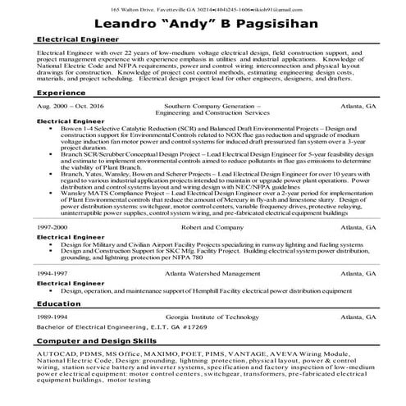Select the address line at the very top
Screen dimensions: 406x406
(203, 7)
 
